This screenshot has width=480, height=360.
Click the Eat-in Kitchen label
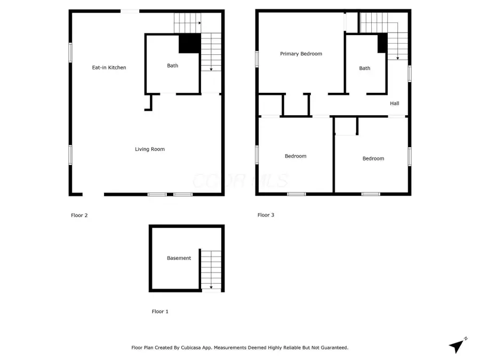pos(109,68)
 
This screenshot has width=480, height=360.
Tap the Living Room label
pos(149,149)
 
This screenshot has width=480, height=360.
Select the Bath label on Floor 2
pos(172,66)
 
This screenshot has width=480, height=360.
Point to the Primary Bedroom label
pos(301,54)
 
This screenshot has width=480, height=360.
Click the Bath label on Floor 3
pos(364,68)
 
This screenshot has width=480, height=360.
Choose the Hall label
pos(394,103)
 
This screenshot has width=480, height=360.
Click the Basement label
pos(179,258)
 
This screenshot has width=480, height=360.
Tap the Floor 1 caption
pos(160,311)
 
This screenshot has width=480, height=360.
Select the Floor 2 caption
pos(79,215)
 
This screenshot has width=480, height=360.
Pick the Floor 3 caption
pos(266,215)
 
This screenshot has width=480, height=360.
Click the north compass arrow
pos(457,346)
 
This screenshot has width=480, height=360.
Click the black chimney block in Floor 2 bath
pos(189,43)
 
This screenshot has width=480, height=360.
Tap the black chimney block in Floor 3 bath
pos(382,43)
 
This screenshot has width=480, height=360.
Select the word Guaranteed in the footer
pos(331,348)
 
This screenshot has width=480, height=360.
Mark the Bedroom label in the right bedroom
pos(373,158)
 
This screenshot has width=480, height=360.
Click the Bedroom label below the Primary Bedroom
pos(295,156)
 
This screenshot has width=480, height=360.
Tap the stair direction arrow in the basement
pos(211,286)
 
